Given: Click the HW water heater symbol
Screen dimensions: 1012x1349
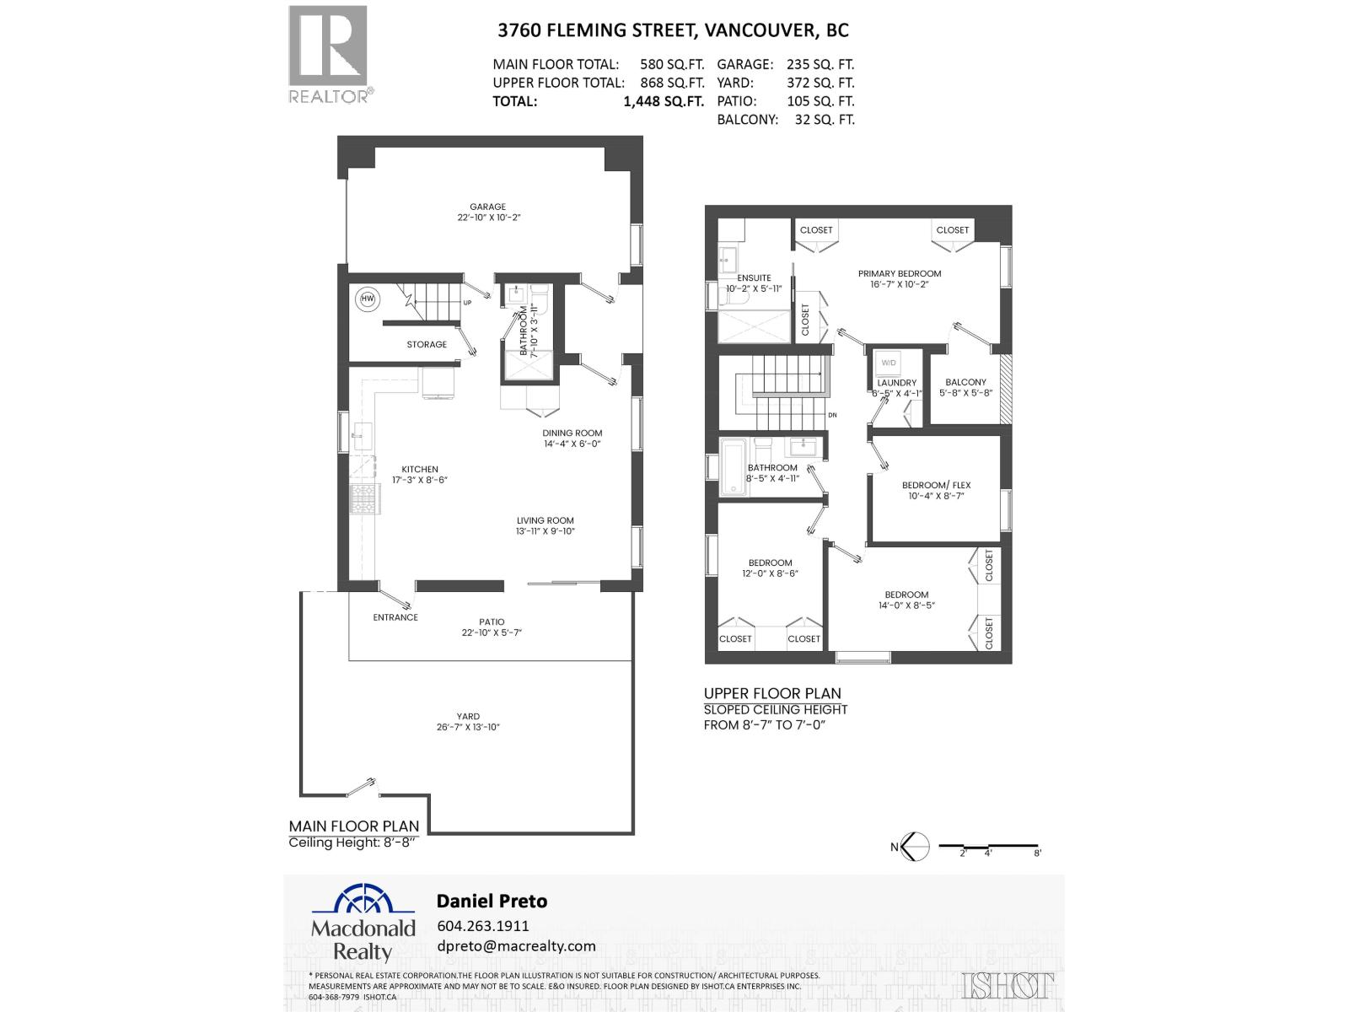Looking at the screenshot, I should point(368,299).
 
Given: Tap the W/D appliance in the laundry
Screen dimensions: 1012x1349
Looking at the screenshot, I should point(888,363).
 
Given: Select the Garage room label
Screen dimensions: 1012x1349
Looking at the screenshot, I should point(488,207).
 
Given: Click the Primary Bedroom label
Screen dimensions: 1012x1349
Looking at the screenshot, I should point(900,274).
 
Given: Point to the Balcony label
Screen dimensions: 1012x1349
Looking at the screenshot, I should point(965,382).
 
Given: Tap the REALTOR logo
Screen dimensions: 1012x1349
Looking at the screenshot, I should point(329,55).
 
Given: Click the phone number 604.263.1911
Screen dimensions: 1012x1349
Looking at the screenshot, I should point(483,925).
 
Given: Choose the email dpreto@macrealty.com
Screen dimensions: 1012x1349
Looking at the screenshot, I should point(516,946).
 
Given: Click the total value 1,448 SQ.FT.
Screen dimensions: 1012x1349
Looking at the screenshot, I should point(663,101).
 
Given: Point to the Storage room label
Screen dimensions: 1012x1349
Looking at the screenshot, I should point(427,344).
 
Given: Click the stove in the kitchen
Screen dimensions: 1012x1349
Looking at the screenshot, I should point(364,498).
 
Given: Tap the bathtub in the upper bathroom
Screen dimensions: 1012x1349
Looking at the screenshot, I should point(732,467).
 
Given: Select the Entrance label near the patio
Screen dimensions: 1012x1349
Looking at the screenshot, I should point(395,617).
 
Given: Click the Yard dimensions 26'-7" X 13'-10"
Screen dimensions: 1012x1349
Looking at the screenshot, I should point(468,727).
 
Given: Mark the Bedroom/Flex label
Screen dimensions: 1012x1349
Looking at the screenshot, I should point(936,485).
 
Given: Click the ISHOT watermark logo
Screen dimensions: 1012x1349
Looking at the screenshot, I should point(1007,985).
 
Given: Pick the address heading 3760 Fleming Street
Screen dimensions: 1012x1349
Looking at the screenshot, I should point(673,30).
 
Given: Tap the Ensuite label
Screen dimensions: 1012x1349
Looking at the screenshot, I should point(754,277).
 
